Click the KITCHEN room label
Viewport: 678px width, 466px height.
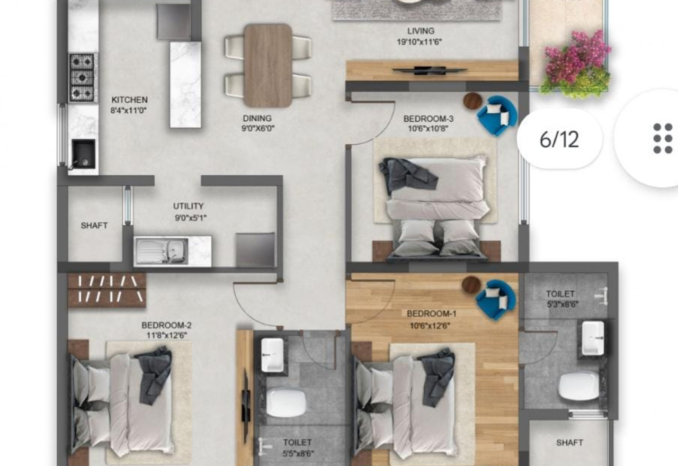pos(130,100)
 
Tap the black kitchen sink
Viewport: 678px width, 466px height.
pos(83,154)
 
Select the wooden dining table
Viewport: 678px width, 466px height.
pos(268,66)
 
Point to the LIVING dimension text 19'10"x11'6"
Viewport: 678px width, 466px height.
pos(420,42)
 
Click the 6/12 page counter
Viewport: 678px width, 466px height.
pos(559,139)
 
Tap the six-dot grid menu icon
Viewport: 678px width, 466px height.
pos(663,139)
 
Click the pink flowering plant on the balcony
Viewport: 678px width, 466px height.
pos(577,56)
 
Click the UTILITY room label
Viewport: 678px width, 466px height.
pos(188,207)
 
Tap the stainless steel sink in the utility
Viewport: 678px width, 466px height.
pos(162,251)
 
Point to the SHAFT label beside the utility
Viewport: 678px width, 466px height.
pos(94,226)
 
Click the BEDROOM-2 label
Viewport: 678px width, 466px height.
pos(166,326)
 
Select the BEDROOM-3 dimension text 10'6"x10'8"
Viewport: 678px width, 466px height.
pos(428,129)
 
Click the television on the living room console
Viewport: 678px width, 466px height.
pos(430,70)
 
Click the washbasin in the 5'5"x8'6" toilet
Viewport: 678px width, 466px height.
pos(272,355)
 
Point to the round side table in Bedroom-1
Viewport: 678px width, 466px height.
pos(471,285)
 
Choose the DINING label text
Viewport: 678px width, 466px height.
pos(257,118)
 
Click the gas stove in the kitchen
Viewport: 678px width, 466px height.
pos(82,77)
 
